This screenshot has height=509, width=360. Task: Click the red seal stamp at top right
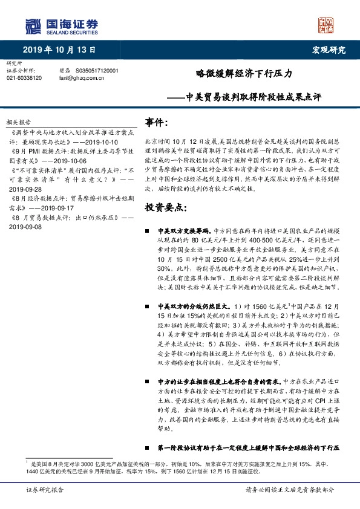coord(326,25)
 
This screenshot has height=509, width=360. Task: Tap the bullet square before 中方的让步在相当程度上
coord(148,383)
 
